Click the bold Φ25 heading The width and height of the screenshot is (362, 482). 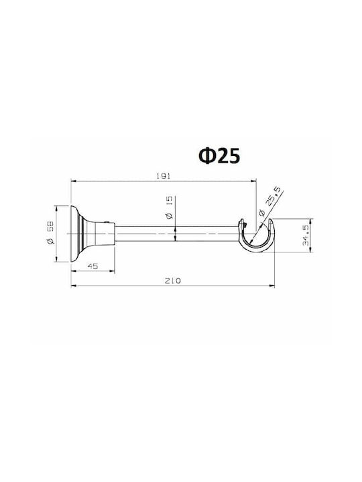(219, 156)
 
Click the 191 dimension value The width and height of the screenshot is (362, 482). (163, 176)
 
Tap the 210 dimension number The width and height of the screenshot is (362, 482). (173, 280)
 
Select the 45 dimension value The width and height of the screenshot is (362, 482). (93, 266)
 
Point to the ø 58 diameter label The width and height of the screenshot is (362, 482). (51, 233)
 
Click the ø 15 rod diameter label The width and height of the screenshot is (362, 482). (169, 208)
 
